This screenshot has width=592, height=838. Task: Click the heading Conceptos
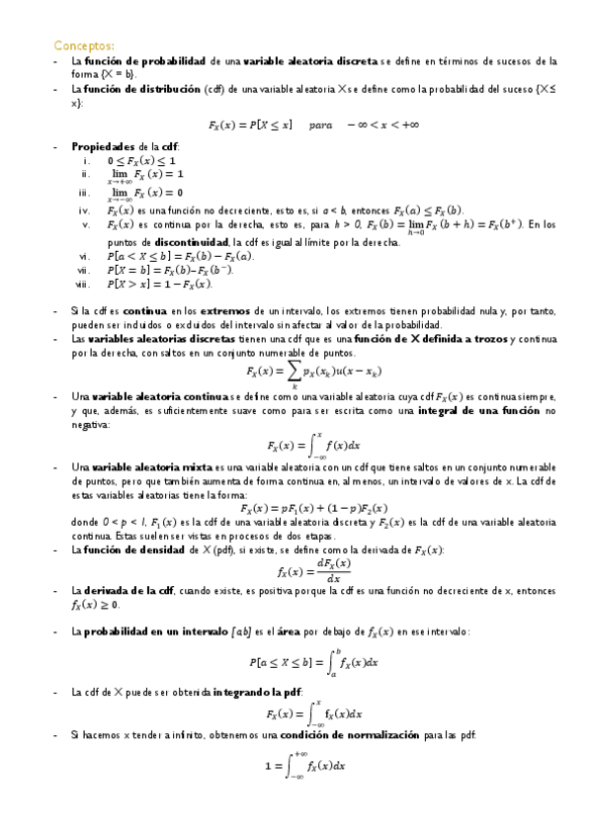pos(84,44)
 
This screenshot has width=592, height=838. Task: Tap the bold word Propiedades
pos(106,146)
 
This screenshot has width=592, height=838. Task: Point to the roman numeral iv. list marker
pos(86,210)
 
